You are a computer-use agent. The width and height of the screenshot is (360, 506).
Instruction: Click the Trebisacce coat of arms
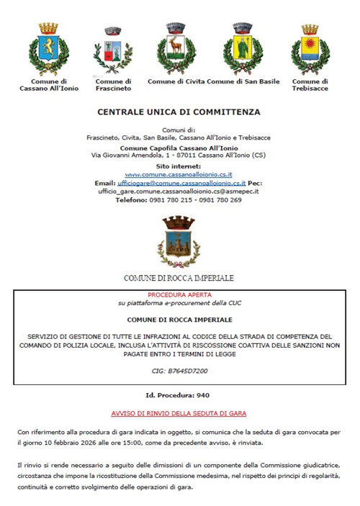coord(310,49)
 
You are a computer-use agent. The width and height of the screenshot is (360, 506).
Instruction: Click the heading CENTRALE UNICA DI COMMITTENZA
coord(179,112)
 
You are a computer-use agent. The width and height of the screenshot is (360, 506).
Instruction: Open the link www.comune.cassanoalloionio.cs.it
coord(179,175)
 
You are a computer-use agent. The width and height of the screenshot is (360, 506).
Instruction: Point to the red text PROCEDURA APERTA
coord(179,295)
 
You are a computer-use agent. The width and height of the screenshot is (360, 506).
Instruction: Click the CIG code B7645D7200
coord(179,371)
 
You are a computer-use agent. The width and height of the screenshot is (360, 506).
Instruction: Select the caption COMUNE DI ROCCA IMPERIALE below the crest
coord(179,278)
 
